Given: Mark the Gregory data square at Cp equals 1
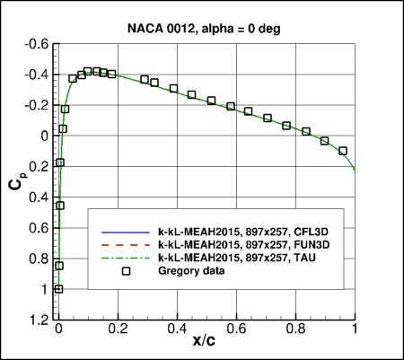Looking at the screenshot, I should (59, 289).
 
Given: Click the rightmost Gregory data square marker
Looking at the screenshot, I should (343, 151).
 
